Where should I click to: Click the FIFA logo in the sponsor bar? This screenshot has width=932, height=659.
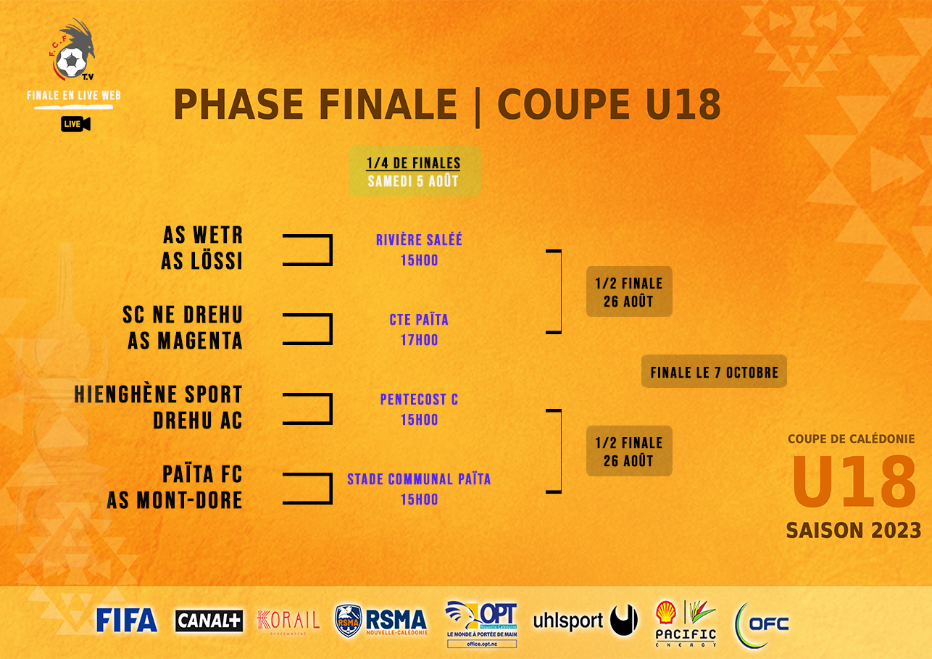127,620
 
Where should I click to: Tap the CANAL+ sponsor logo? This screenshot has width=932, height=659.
209,621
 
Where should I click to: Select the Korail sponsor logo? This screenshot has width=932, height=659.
288,621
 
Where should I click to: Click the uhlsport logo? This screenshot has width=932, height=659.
585,621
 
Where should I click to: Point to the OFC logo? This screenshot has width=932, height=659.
762,623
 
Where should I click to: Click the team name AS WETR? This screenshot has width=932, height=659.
203,235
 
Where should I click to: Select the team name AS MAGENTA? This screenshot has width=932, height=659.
186,341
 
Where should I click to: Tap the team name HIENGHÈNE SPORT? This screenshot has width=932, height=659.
159,395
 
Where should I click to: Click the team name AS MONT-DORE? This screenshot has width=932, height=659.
175,500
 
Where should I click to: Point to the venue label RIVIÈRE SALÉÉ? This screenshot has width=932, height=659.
419,240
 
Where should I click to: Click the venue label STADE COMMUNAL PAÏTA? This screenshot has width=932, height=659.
419,479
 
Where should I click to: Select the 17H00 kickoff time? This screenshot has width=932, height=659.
419,340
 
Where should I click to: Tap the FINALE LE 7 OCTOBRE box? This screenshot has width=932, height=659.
714,373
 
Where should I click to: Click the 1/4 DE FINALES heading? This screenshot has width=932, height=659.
414,163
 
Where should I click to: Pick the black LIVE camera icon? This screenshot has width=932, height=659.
75,125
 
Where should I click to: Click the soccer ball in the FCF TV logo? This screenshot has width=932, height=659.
71,63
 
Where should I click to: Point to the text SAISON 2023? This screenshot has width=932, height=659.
853,531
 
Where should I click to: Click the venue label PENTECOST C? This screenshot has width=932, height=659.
419,399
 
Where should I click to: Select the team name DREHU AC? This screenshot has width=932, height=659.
198,421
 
